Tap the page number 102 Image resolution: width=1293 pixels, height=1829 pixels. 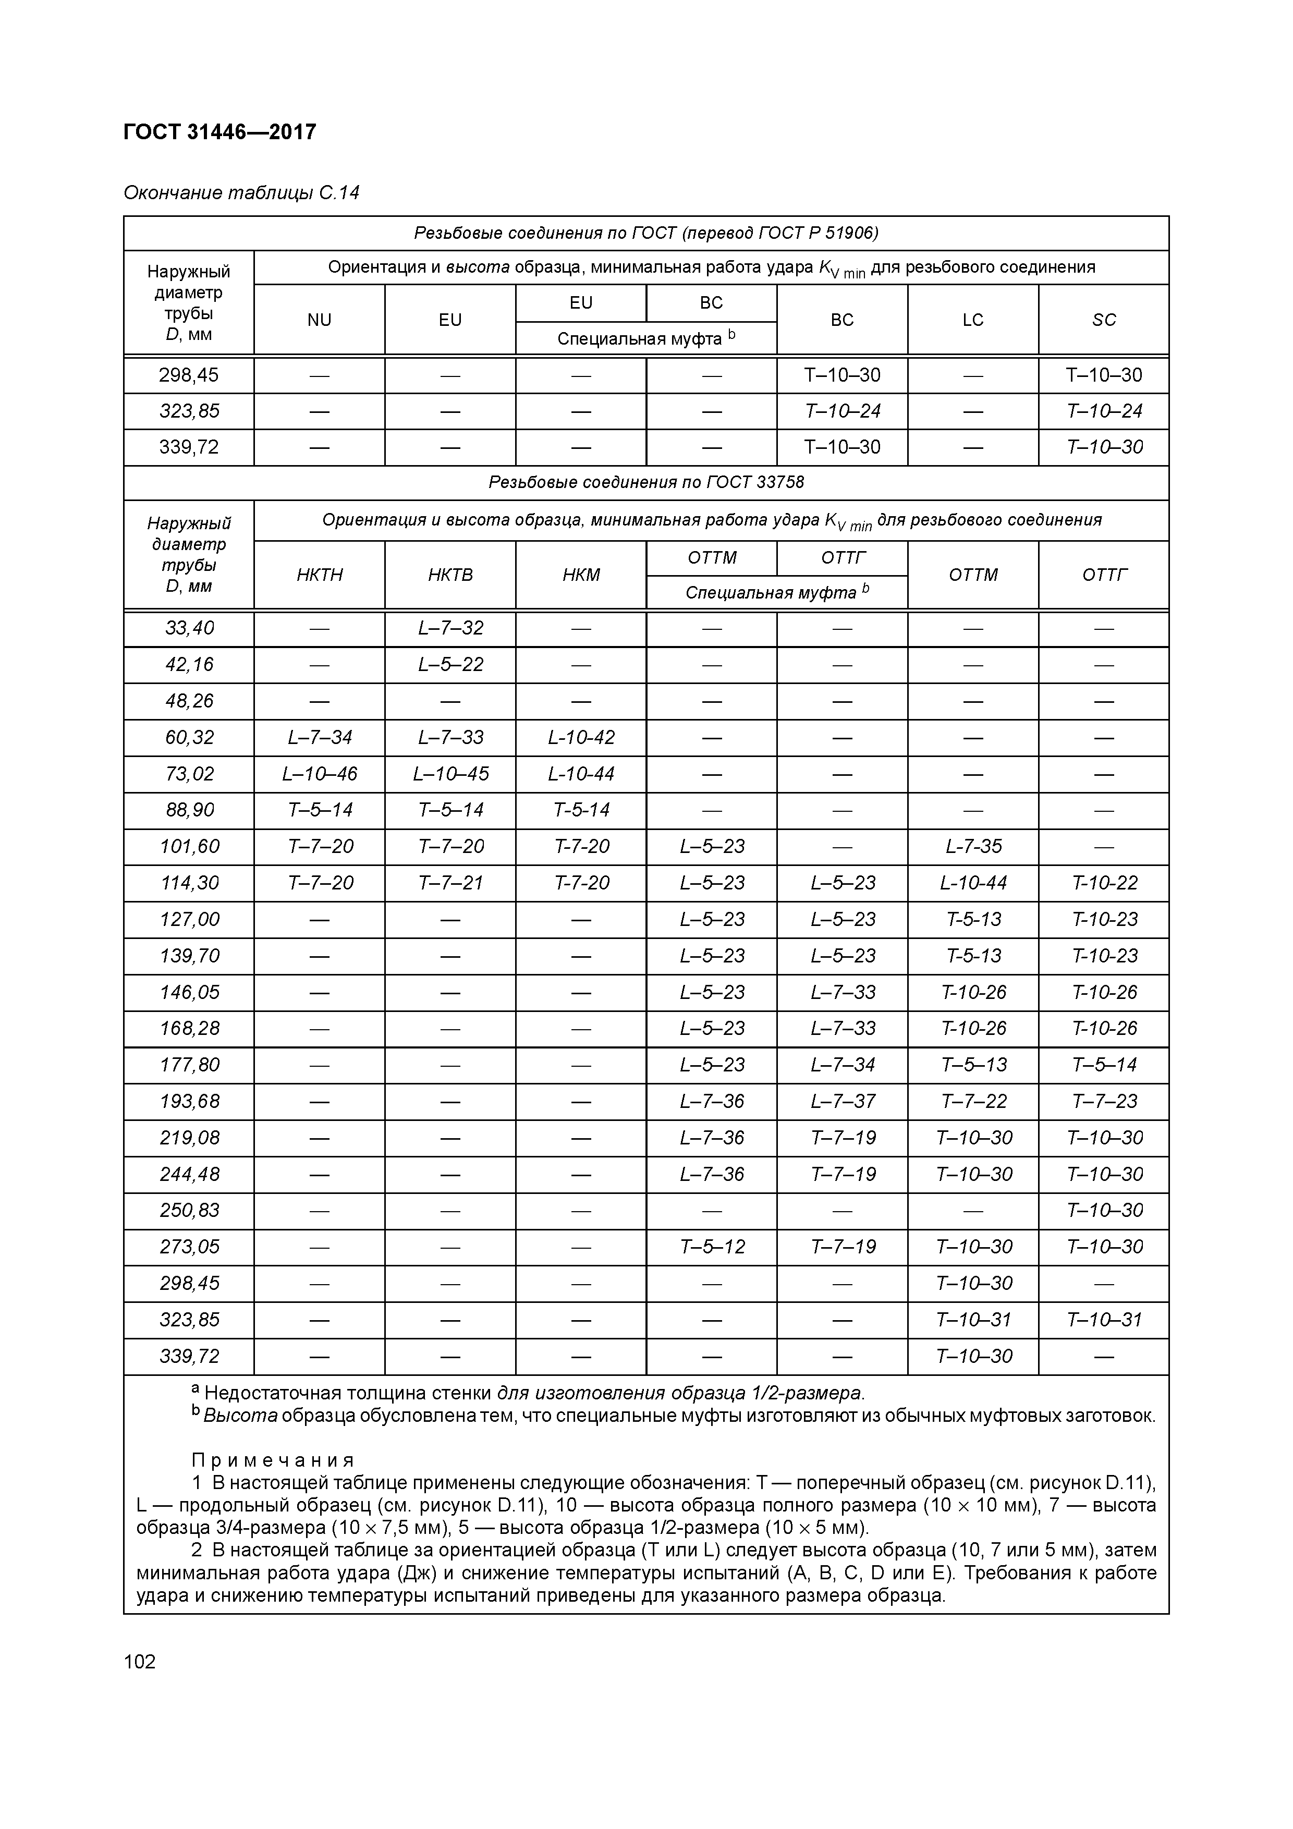click(140, 1661)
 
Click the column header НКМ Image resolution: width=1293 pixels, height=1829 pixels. click(581, 575)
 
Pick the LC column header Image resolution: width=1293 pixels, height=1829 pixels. click(973, 320)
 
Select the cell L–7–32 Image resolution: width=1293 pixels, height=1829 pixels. click(450, 628)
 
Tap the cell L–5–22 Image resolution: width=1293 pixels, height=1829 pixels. click(450, 664)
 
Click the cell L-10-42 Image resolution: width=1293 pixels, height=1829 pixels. click(581, 738)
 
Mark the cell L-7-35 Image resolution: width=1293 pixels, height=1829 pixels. click(973, 846)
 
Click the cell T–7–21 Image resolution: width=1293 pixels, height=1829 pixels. click(450, 883)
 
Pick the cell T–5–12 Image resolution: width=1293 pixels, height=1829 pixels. click(712, 1247)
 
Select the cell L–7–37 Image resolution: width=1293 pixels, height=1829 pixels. click(842, 1101)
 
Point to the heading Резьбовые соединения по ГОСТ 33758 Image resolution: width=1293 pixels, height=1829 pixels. click(646, 483)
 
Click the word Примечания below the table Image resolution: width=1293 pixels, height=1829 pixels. click(273, 1460)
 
